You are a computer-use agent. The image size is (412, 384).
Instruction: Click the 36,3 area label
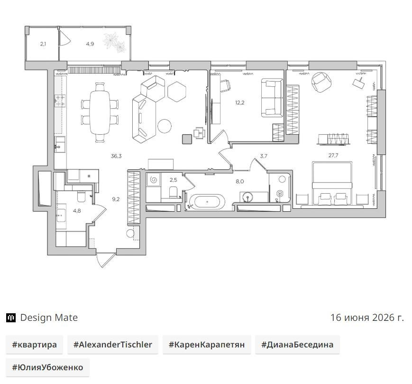[116, 156]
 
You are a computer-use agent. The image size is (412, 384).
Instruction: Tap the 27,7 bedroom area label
[333, 155]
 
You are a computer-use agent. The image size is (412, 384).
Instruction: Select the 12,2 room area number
[239, 103]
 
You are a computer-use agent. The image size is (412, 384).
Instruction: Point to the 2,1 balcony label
[43, 44]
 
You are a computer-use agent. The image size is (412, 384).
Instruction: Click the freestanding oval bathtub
[207, 202]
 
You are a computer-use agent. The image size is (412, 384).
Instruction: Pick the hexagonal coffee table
[176, 92]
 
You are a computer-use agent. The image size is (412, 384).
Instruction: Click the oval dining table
[100, 112]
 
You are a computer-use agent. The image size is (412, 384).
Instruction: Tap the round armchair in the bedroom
[321, 82]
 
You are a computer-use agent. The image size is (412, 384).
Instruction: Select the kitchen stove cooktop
[60, 101]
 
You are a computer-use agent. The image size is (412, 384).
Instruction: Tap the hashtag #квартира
[35, 345]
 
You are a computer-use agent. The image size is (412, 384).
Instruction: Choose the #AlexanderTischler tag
[113, 345]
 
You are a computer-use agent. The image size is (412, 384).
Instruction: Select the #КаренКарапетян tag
[207, 345]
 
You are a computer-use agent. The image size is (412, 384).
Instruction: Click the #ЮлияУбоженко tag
[47, 367]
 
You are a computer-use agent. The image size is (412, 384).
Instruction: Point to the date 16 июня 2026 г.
[367, 318]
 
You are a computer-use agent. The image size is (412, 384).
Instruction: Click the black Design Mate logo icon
[11, 318]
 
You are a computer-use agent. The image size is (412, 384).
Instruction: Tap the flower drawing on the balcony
[115, 43]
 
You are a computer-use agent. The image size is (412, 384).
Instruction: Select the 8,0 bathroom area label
[239, 181]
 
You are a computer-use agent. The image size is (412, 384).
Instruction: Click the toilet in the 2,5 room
[174, 192]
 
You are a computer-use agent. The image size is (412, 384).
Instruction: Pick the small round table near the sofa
[165, 126]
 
